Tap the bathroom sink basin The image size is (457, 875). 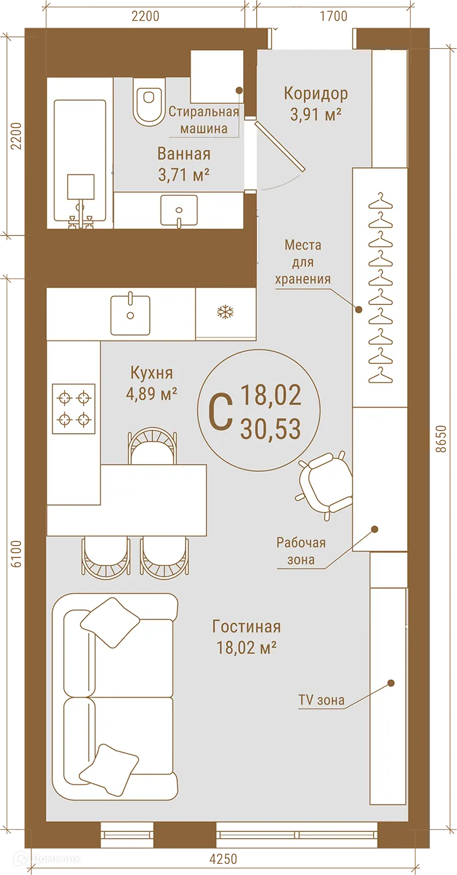(179, 209)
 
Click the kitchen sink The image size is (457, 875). (130, 314)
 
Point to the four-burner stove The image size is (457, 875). (74, 409)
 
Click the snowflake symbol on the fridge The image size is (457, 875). (224, 312)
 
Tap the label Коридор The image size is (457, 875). (316, 94)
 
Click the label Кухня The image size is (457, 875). (151, 373)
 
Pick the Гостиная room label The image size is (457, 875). (246, 626)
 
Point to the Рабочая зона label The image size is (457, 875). (302, 551)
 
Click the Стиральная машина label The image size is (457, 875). (204, 120)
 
